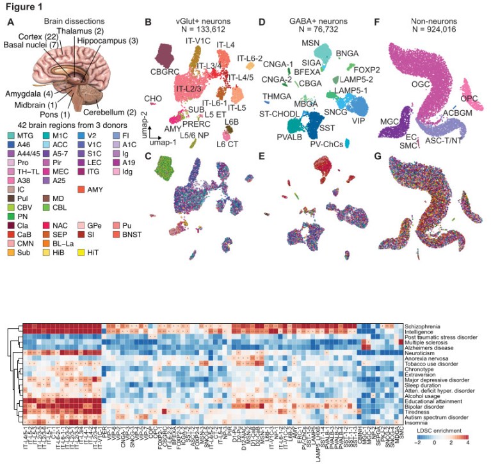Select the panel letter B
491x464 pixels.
pyautogui.click(x=148, y=22)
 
